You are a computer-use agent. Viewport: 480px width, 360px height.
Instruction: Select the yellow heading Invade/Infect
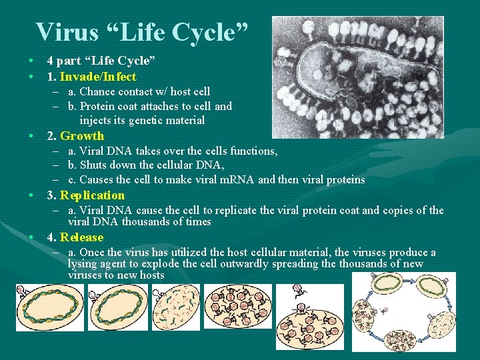pyautogui.click(x=98, y=77)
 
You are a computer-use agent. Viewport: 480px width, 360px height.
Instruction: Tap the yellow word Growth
pyautogui.click(x=82, y=136)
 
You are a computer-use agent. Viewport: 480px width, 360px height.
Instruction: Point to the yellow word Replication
pyautogui.click(x=92, y=195)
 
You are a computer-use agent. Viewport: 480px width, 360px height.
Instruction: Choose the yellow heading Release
pyautogui.click(x=82, y=237)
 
